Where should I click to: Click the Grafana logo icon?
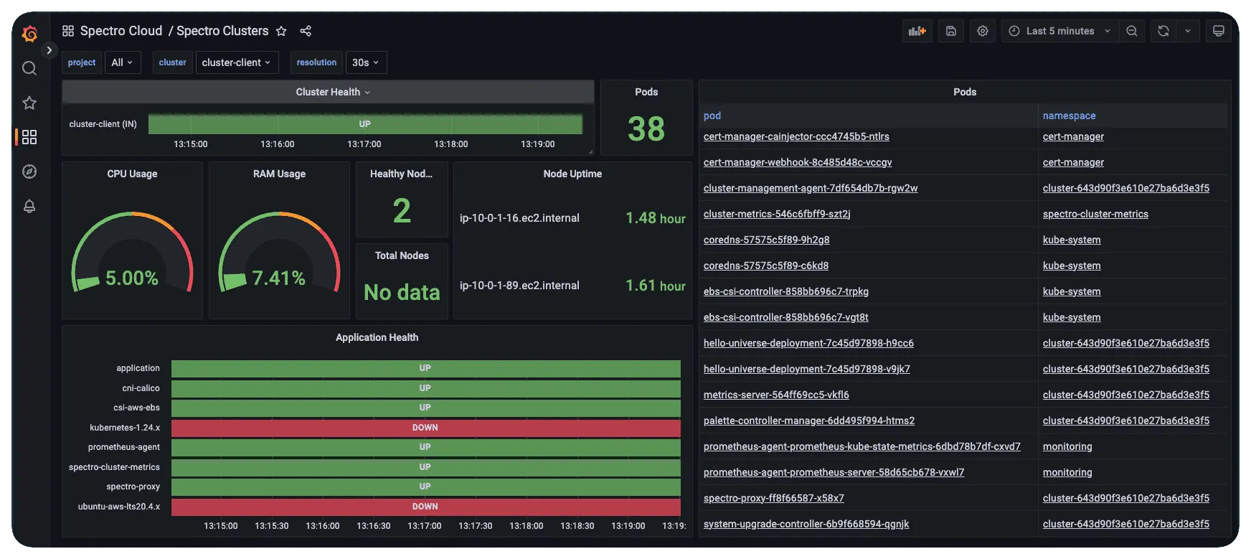click(29, 33)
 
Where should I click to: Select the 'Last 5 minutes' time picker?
click(1059, 31)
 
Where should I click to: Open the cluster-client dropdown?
click(236, 62)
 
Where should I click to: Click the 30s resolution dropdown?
click(365, 62)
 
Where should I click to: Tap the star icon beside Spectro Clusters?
click(281, 31)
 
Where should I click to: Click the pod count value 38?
click(646, 129)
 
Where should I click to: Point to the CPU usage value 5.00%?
click(132, 278)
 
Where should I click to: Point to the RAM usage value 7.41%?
click(279, 278)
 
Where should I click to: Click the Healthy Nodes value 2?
click(402, 211)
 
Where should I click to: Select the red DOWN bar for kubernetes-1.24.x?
click(425, 428)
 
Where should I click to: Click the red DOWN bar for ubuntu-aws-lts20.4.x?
click(425, 507)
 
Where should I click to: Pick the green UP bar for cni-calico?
click(425, 388)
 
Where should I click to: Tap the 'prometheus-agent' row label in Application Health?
click(123, 447)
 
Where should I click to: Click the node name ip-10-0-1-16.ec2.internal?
click(519, 218)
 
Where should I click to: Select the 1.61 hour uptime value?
click(655, 286)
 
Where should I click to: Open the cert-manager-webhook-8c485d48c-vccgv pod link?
click(798, 162)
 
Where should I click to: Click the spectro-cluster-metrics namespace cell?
click(1095, 214)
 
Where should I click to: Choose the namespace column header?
click(1069, 116)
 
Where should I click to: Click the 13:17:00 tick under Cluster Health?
click(364, 144)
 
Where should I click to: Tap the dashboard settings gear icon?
click(983, 31)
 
